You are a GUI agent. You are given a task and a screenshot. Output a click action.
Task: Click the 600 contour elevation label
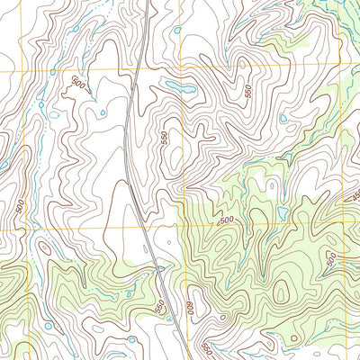[x=191, y=306]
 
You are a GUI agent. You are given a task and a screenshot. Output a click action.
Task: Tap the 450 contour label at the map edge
[x=355, y=196]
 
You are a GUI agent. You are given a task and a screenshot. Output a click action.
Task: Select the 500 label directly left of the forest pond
[x=226, y=220]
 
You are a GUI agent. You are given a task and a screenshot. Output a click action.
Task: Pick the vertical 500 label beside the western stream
[x=20, y=205]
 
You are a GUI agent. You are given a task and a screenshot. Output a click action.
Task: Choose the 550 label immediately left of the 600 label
[x=160, y=308]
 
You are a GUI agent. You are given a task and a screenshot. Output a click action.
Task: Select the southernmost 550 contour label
[x=208, y=347]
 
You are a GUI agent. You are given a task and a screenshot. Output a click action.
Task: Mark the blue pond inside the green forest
[x=283, y=213]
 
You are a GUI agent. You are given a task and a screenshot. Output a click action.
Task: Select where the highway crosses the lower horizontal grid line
[x=146, y=229]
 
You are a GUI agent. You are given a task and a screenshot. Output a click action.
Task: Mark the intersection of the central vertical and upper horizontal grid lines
[x=181, y=70]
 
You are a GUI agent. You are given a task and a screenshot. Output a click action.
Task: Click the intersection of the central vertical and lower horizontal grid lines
[x=184, y=229]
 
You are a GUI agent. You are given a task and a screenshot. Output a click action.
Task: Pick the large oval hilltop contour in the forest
[x=282, y=293]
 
